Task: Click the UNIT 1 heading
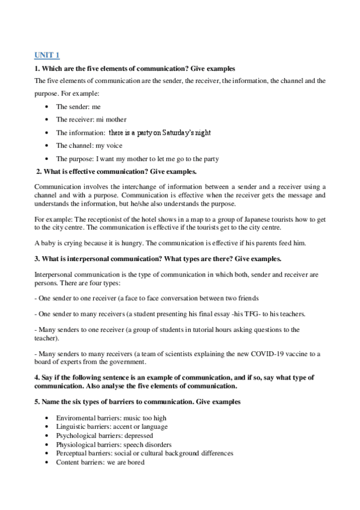pyautogui.click(x=46, y=56)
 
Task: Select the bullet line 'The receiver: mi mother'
pyautogui.click(x=91, y=119)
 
